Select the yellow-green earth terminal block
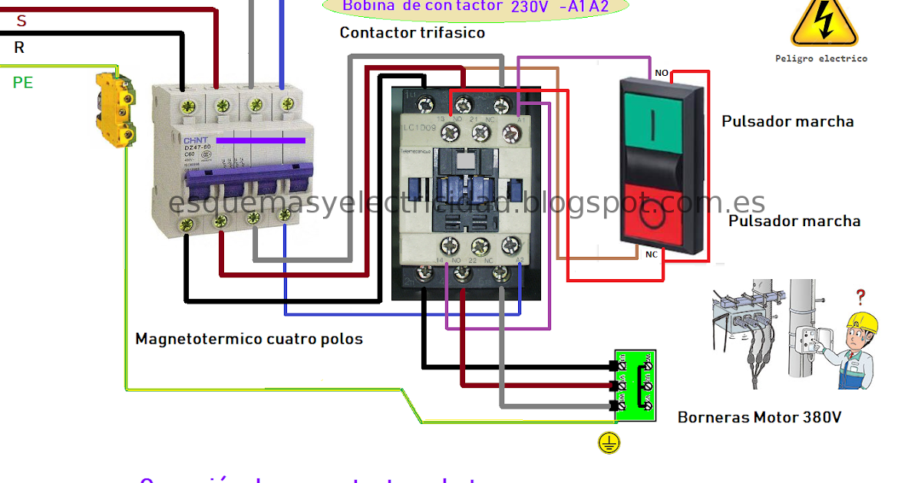pyautogui.click(x=115, y=109)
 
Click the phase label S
pyautogui.click(x=21, y=21)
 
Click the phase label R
pyautogui.click(x=19, y=48)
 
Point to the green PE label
pyautogui.click(x=23, y=82)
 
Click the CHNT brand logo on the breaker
pyautogui.click(x=194, y=141)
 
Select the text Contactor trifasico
pyautogui.click(x=412, y=33)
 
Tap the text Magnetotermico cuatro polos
pyautogui.click(x=249, y=338)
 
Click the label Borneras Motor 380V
pyautogui.click(x=759, y=418)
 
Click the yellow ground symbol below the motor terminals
pyautogui.click(x=609, y=442)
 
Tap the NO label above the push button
pyautogui.click(x=661, y=74)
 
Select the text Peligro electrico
pyautogui.click(x=820, y=58)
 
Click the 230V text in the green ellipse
pyautogui.click(x=529, y=6)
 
